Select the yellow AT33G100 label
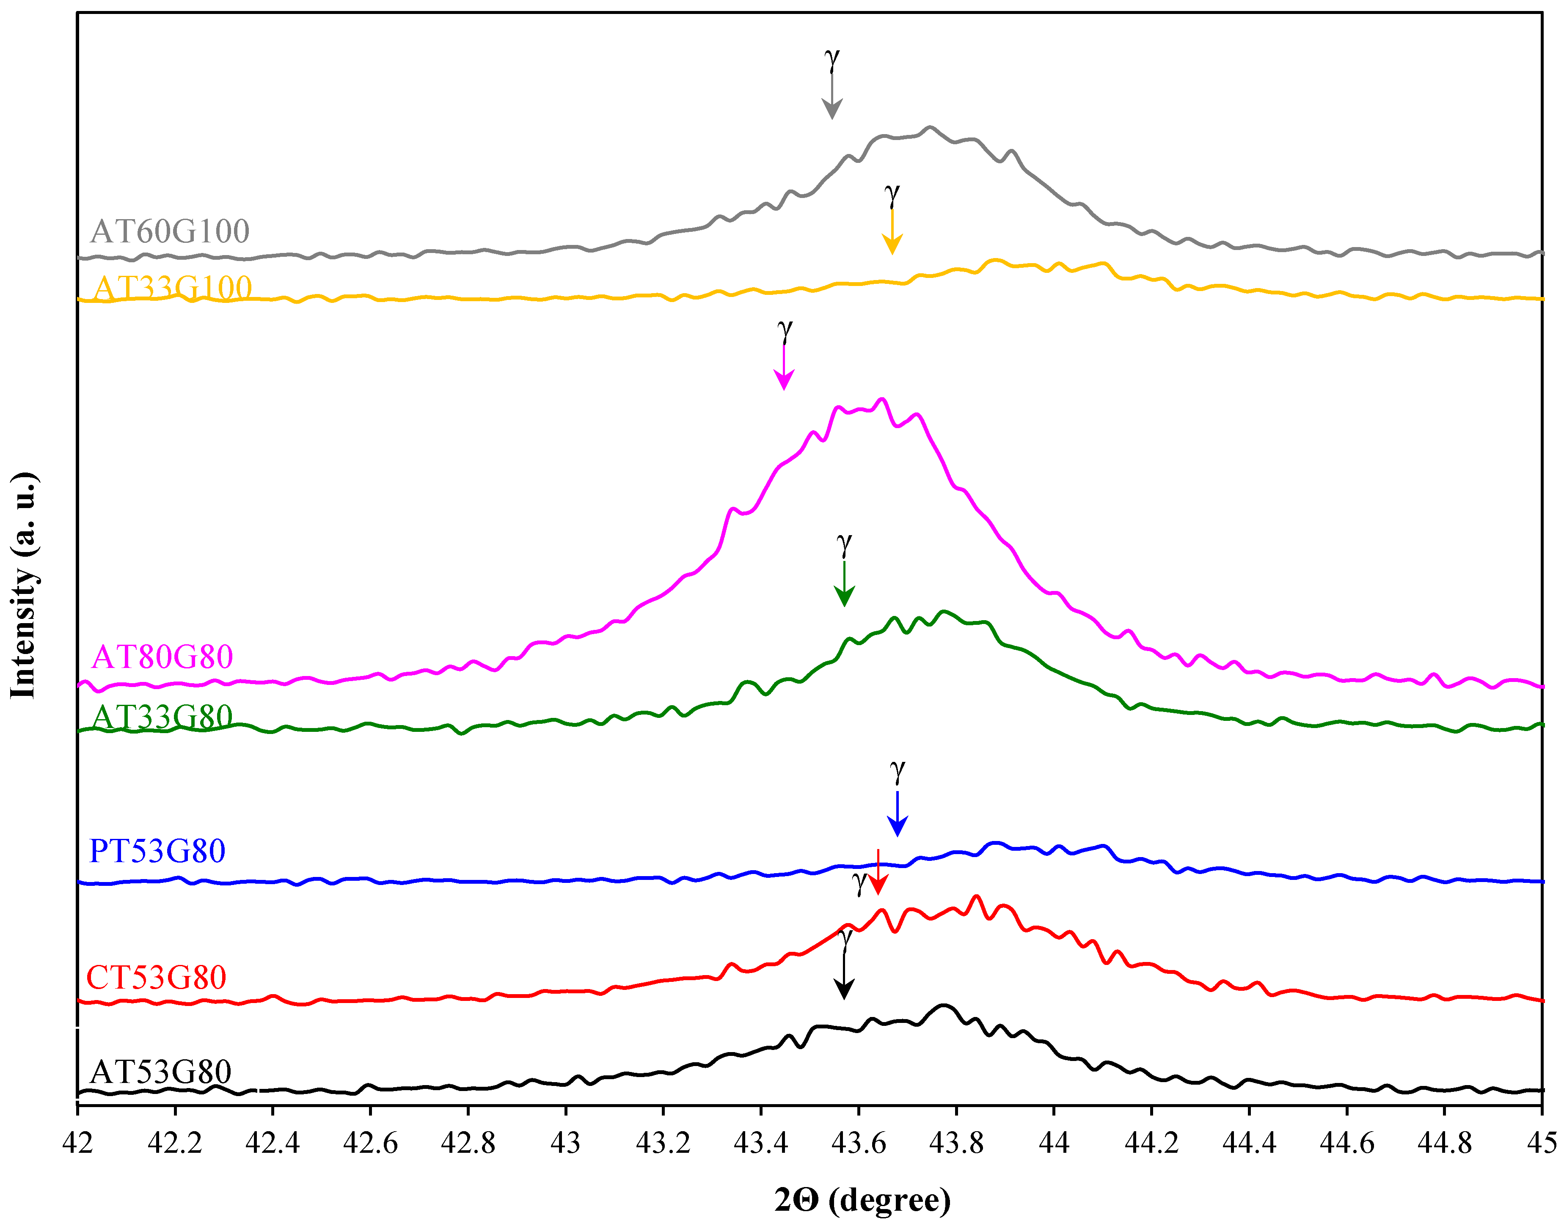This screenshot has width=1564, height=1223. tap(173, 288)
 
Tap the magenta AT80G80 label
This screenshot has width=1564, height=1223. tap(162, 657)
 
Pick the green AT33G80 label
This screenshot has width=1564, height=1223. tap(162, 717)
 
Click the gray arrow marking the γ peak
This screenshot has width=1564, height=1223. tap(832, 97)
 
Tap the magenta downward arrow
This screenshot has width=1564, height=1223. tap(784, 369)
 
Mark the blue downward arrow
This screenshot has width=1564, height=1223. tap(897, 814)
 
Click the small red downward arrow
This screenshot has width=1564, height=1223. tap(878, 874)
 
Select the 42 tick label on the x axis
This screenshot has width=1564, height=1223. tap(77, 1143)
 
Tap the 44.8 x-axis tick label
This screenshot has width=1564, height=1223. tap(1444, 1143)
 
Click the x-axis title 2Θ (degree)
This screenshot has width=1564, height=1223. tap(862, 1200)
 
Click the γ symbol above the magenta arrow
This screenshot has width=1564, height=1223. tap(785, 332)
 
